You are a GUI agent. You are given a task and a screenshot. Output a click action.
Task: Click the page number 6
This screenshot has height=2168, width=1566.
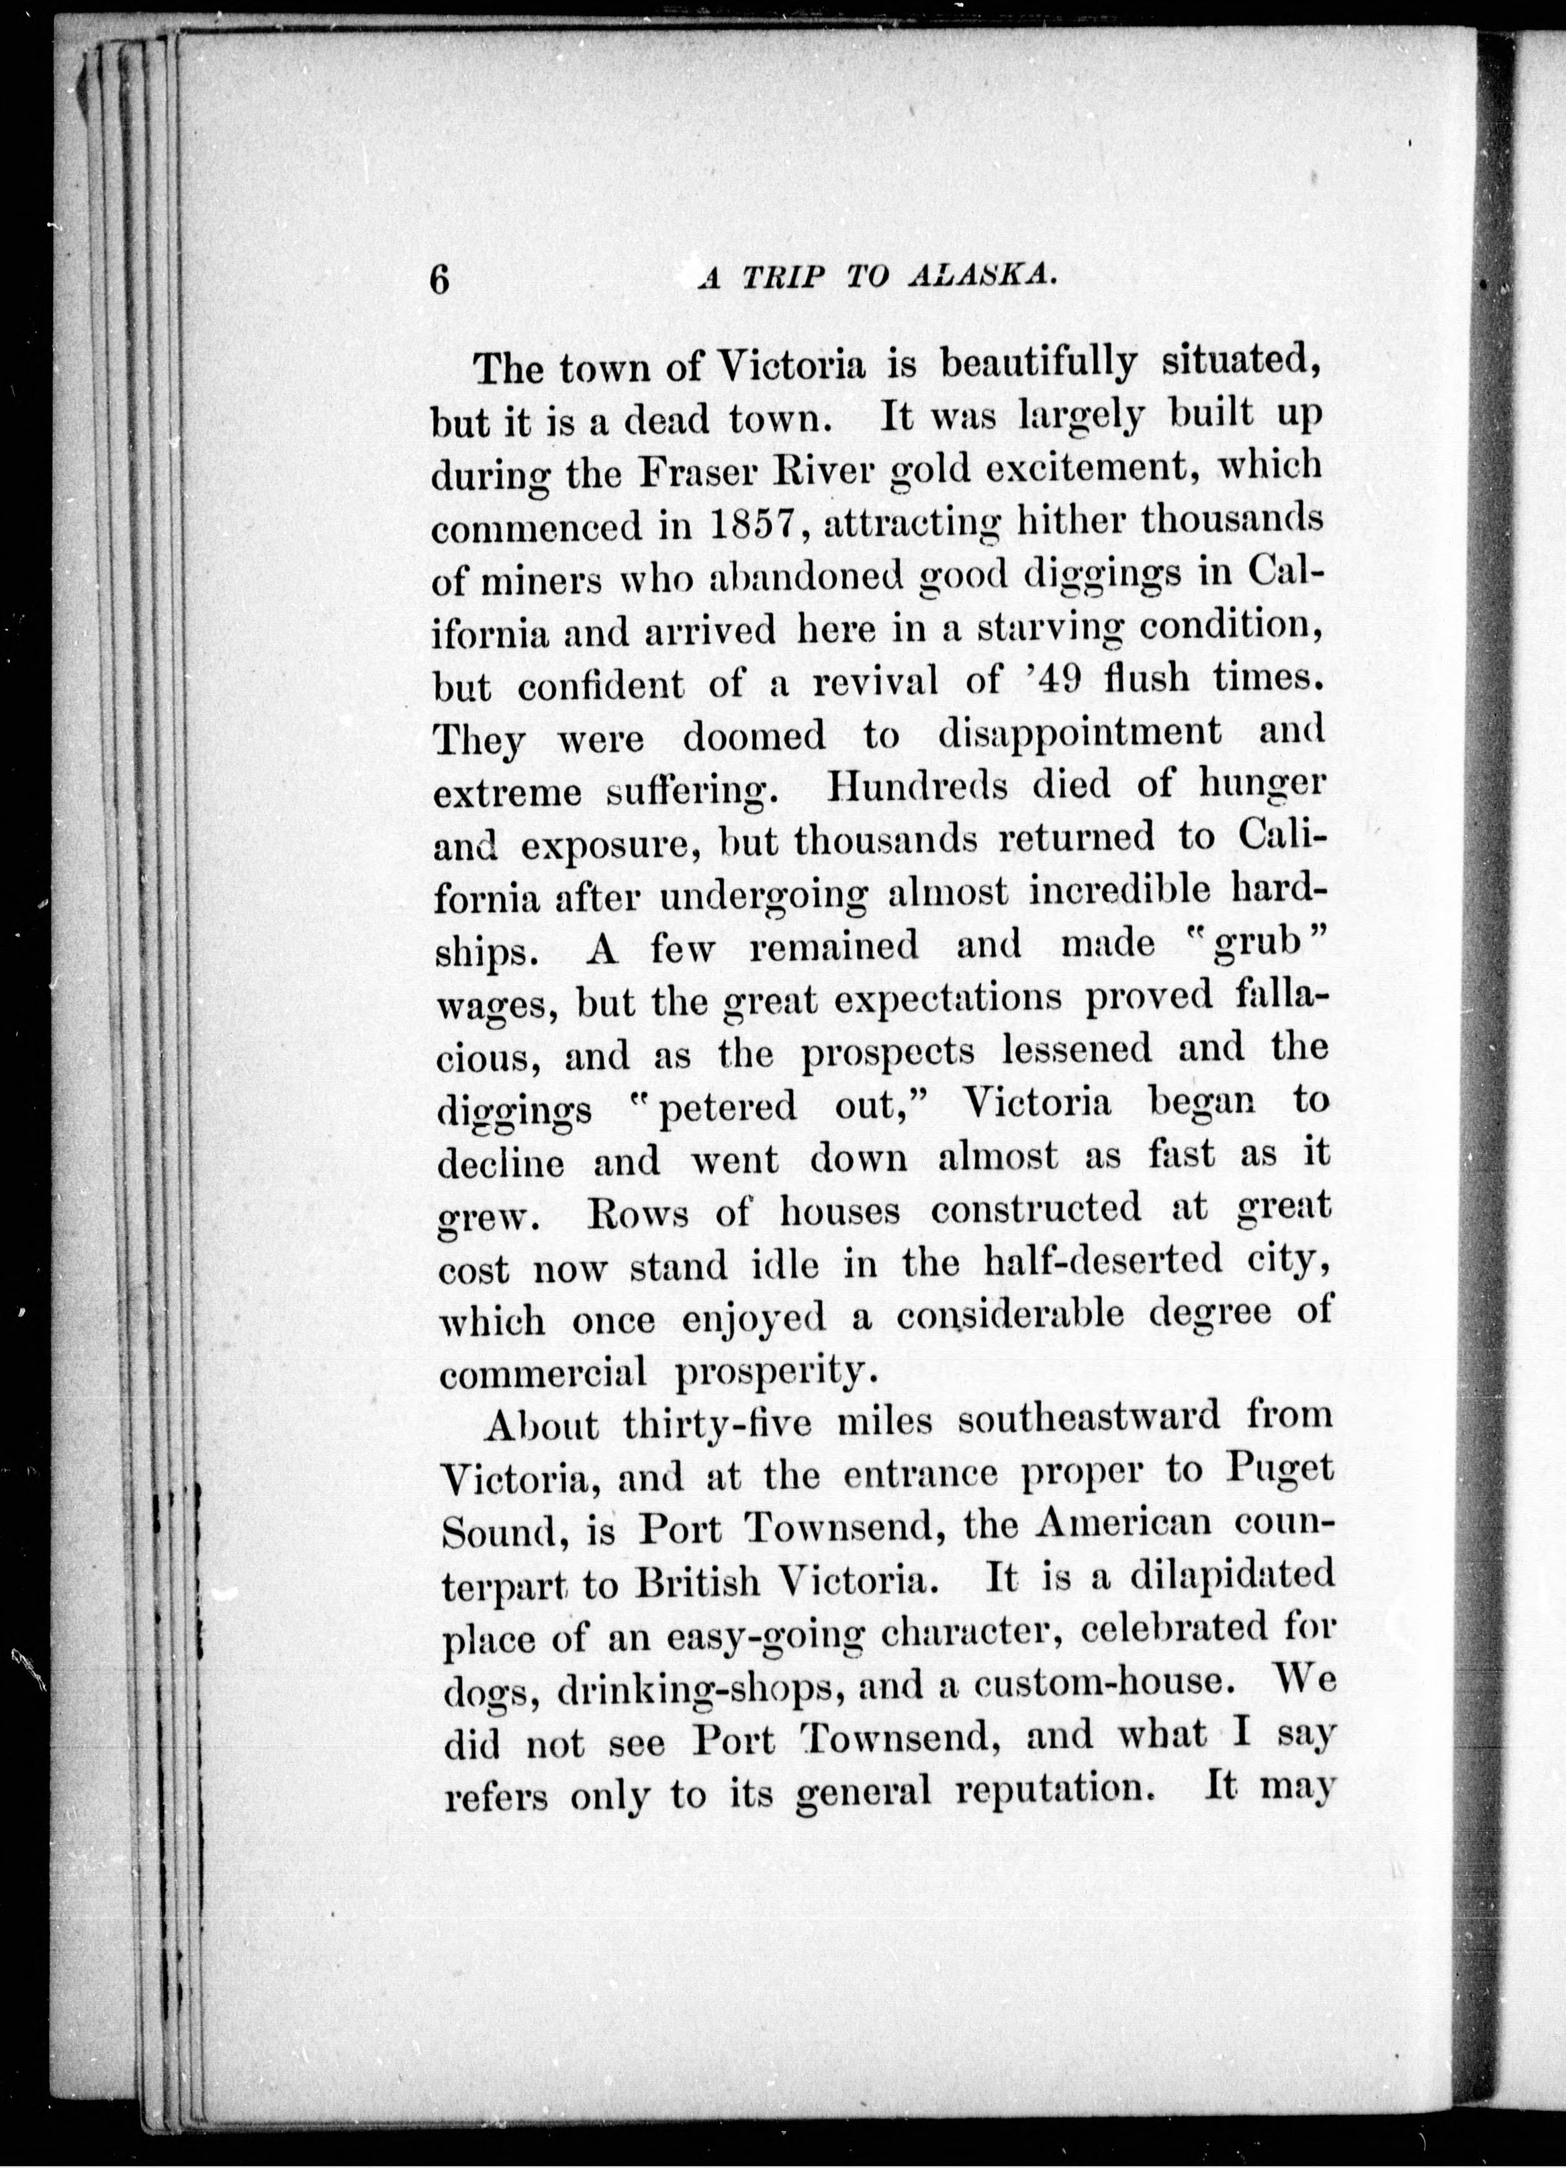[x=441, y=280]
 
